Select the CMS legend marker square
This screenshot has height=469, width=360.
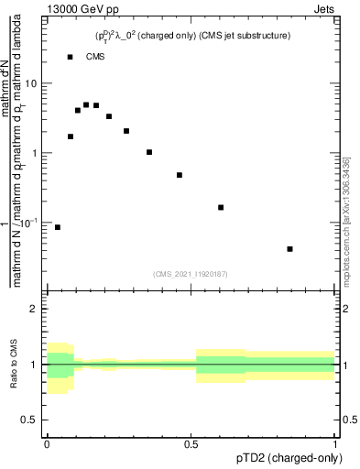(71, 57)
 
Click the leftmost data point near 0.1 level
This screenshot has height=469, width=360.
(58, 227)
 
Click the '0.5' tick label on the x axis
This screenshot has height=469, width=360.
(191, 444)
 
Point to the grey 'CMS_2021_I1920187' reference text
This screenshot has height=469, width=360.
(191, 274)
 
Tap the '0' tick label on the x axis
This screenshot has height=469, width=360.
(47, 444)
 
